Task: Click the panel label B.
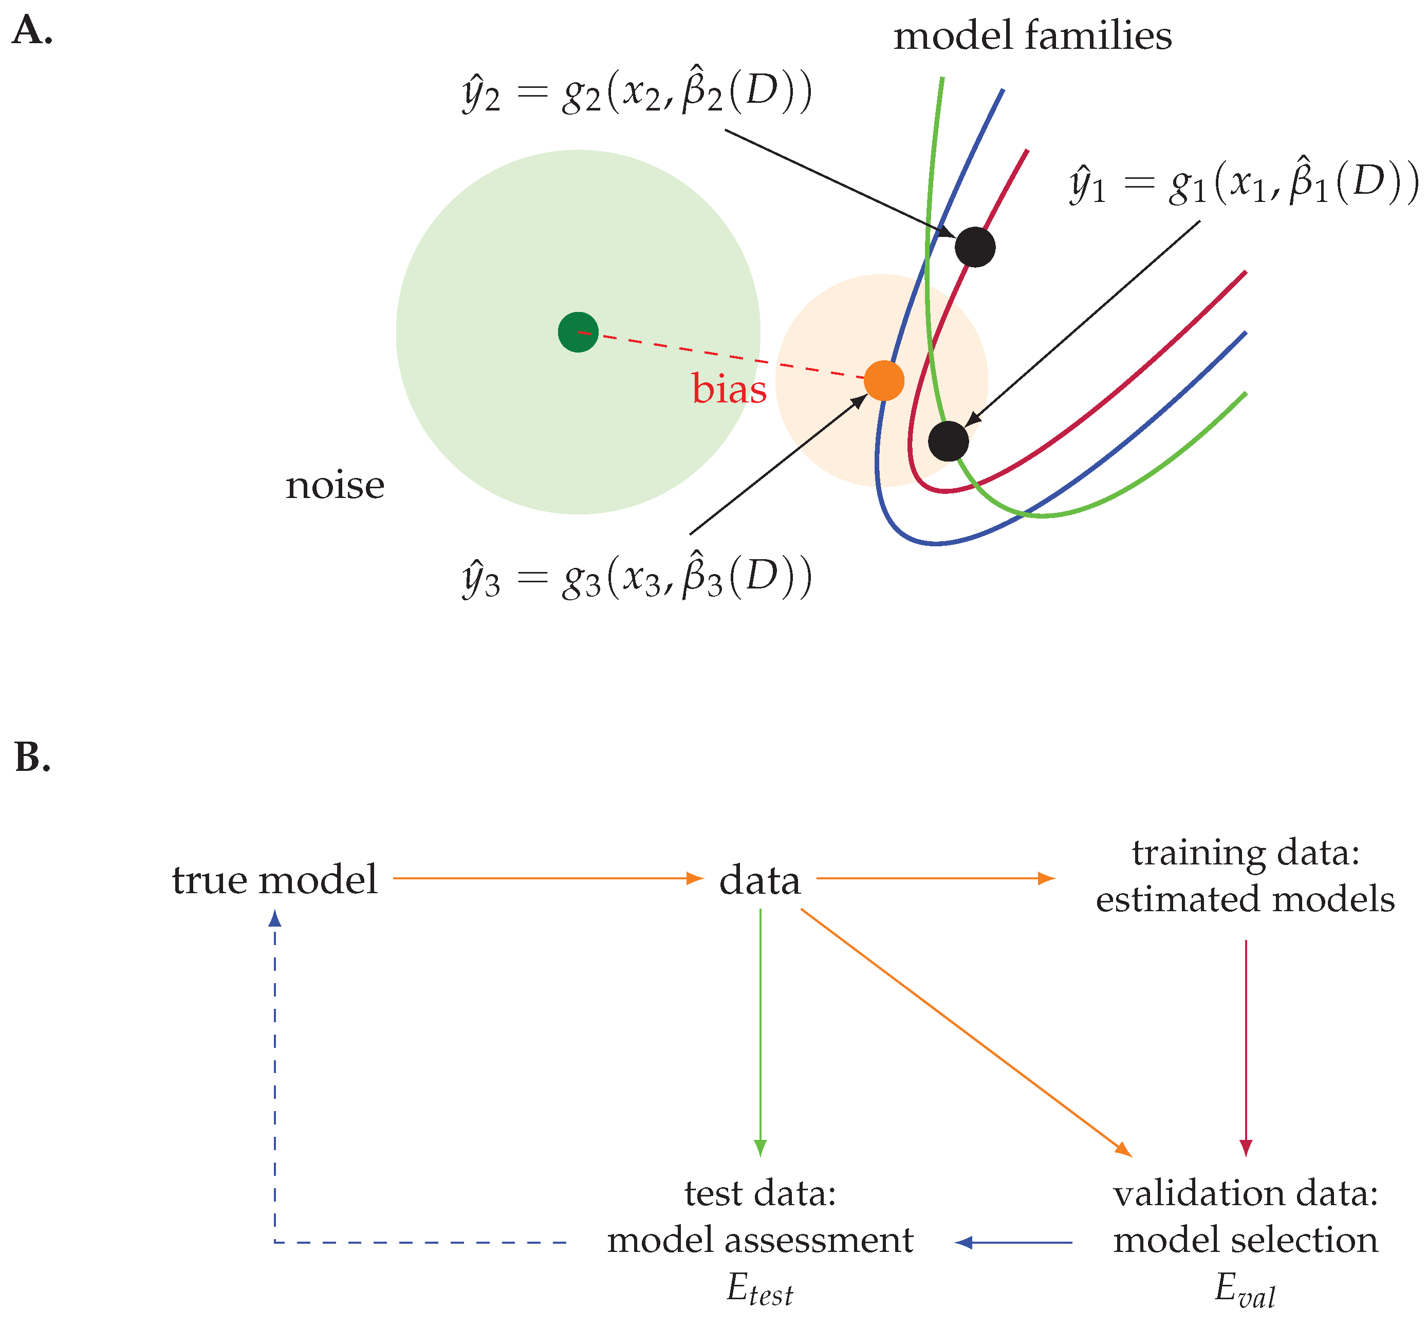tap(32, 758)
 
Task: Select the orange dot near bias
tap(884, 380)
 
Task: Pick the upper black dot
tap(975, 247)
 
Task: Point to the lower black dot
tap(948, 441)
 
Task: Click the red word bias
tap(729, 389)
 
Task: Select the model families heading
tap(1032, 36)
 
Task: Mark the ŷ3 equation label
tap(637, 578)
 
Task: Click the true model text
tap(274, 879)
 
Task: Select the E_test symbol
tap(759, 1288)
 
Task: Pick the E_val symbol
tap(1245, 1288)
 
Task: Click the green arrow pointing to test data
tap(760, 1034)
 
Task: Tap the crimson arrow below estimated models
tap(1246, 1048)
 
